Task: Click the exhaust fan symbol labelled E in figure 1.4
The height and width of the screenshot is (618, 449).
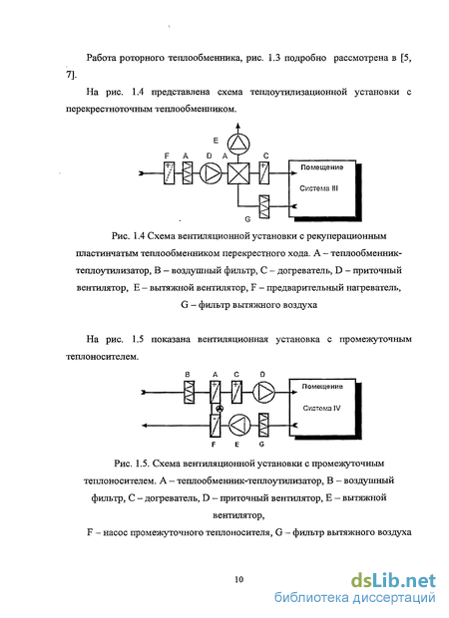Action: tap(237, 144)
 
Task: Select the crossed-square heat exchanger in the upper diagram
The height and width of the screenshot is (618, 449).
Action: tap(238, 173)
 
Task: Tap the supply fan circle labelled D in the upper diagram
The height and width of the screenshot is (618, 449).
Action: tap(211, 173)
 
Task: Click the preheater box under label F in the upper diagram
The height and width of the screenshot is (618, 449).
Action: tap(169, 173)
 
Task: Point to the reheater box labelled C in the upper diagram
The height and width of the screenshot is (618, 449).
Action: tap(264, 173)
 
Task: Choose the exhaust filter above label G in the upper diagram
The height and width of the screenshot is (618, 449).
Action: tap(264, 206)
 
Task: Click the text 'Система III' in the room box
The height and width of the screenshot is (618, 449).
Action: tap(319, 188)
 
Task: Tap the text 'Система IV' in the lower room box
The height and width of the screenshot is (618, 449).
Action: tap(321, 409)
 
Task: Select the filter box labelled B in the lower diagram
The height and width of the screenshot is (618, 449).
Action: tap(190, 392)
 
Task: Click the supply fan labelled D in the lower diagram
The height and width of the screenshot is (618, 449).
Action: tap(263, 392)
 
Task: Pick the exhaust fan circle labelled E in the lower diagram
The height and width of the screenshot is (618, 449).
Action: tap(239, 425)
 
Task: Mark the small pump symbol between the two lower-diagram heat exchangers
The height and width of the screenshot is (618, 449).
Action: tap(221, 409)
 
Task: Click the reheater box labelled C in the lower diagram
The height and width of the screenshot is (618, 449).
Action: tap(236, 392)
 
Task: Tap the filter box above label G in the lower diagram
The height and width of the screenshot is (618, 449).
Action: tap(263, 425)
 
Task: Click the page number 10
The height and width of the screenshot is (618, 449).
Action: tap(238, 579)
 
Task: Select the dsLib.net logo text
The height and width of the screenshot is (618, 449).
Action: tap(393, 581)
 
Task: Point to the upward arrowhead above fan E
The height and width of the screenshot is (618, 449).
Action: tap(237, 126)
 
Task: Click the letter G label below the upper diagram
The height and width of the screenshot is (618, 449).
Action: tap(247, 219)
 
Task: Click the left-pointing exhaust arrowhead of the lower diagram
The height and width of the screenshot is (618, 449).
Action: tap(146, 426)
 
